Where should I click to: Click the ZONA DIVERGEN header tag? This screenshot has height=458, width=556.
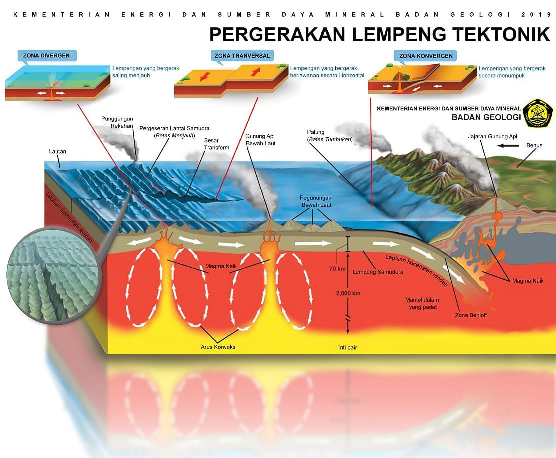(47, 56)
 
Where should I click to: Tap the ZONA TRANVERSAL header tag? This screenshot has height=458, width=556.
(242, 56)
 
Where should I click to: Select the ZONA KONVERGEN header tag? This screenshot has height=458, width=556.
(425, 56)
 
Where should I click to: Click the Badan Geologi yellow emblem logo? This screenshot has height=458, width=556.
(538, 113)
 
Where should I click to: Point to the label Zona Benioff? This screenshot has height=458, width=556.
(471, 315)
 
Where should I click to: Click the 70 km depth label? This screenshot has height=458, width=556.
(337, 269)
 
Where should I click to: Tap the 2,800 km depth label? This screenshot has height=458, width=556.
(348, 293)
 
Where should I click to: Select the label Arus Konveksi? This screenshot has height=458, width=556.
(218, 347)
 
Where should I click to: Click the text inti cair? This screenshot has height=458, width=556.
(347, 348)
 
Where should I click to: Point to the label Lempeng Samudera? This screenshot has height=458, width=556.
(378, 272)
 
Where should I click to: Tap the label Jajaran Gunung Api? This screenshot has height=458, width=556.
(492, 136)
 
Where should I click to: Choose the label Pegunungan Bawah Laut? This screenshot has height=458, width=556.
(316, 201)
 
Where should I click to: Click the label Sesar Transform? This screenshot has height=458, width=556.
(216, 144)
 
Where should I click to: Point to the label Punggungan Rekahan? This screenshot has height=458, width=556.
(117, 122)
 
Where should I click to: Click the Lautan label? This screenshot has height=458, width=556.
(57, 152)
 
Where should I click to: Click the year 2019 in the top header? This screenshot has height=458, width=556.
(536, 14)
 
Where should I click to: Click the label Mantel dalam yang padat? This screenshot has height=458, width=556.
(422, 303)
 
